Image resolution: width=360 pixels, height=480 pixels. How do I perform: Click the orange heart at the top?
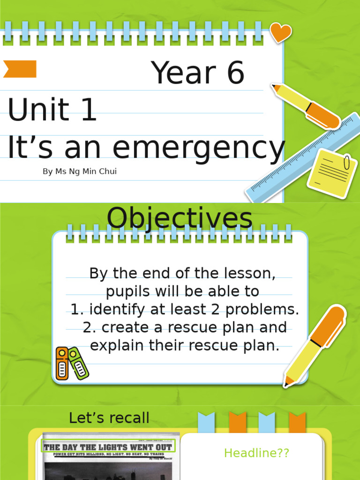[x=281, y=32]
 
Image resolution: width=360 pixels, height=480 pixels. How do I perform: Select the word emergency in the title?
[x=198, y=148]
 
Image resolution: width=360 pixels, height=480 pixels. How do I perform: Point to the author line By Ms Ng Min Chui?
[x=80, y=172]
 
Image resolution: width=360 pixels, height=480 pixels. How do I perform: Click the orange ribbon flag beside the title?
[x=20, y=69]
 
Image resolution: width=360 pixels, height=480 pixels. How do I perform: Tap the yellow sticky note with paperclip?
[x=332, y=172]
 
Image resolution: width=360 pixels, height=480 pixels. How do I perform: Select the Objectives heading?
[x=180, y=218]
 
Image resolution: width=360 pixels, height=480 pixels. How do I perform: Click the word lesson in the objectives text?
[x=248, y=273]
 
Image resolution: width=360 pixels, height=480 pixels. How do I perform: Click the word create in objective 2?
[x=124, y=327]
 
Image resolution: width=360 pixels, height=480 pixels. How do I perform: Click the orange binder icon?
[x=62, y=363]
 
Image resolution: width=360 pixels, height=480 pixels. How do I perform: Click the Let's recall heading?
[x=109, y=418]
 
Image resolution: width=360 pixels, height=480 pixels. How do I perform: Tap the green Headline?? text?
[x=256, y=453]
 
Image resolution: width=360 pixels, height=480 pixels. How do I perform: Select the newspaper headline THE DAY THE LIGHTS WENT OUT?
[x=108, y=447]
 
